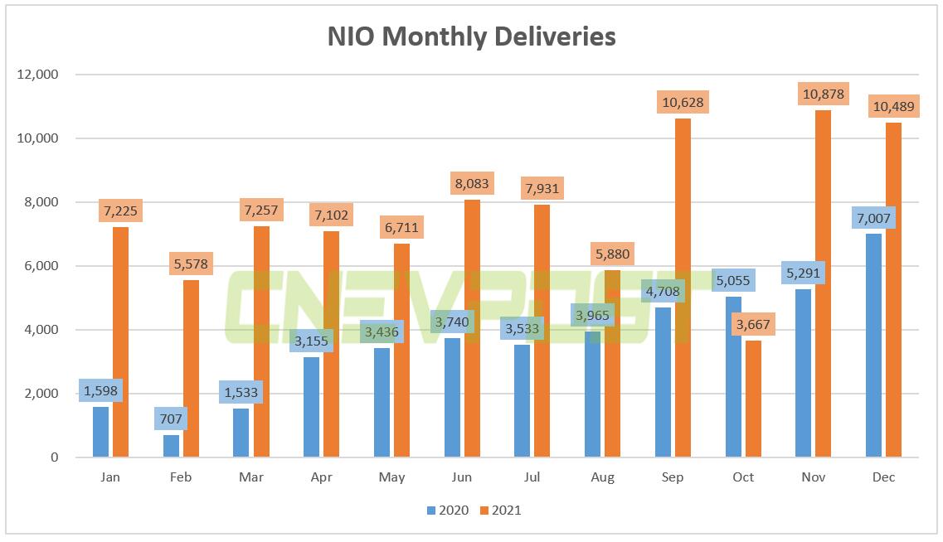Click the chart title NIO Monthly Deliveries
tap(471, 36)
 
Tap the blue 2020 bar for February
tap(171, 446)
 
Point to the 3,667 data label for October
tap(753, 323)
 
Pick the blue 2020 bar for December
tap(873, 345)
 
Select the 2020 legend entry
tap(447, 511)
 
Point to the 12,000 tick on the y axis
tap(37, 75)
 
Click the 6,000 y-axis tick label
tap(41, 266)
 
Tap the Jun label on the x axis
tap(462, 477)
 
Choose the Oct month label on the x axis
tap(743, 477)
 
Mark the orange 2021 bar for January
tap(120, 341)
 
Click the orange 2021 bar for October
tap(753, 399)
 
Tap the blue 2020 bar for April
tap(311, 407)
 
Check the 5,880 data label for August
tap(612, 254)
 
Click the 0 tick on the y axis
tap(55, 457)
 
